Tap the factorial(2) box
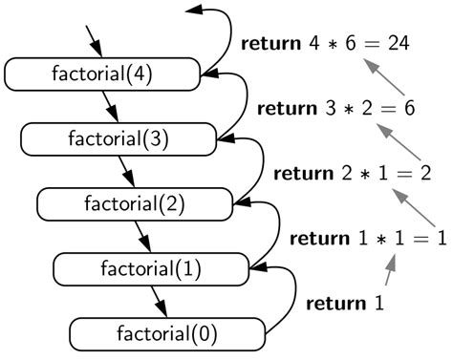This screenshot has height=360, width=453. [x=135, y=203]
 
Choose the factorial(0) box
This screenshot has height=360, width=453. [x=166, y=334]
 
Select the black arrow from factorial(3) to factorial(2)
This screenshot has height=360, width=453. [x=127, y=171]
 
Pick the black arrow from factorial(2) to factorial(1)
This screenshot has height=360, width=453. [x=142, y=236]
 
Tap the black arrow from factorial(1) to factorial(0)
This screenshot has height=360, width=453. [x=159, y=302]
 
